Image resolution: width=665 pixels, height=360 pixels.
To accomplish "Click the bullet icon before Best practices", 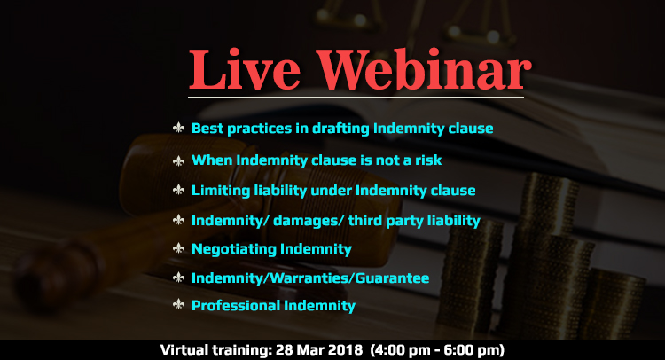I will [x=178, y=129].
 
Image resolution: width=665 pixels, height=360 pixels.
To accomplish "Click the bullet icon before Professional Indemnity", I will [x=178, y=305].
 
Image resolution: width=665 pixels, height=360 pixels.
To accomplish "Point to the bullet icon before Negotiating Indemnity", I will [x=178, y=248].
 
